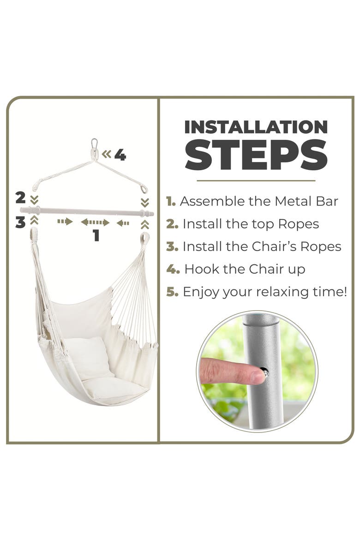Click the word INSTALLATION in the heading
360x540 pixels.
click(x=256, y=127)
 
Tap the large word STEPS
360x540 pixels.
click(x=256, y=155)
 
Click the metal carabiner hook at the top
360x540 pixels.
click(x=95, y=147)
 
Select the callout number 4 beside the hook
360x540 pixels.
click(x=120, y=155)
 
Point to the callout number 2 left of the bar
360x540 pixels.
click(x=21, y=198)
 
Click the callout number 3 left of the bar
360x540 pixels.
click(x=20, y=222)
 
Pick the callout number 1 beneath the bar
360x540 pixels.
click(x=96, y=235)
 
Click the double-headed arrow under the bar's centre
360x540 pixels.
click(x=95, y=222)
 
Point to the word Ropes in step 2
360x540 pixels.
click(x=298, y=224)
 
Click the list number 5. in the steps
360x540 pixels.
click(x=172, y=292)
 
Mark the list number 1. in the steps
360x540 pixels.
click(x=171, y=201)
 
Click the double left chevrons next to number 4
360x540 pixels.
click(x=107, y=154)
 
